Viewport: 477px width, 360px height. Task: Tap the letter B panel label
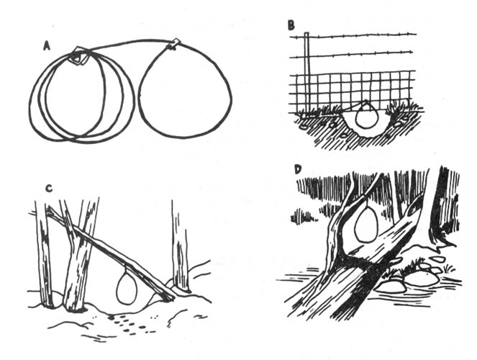coord(291,25)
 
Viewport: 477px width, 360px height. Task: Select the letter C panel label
coord(47,189)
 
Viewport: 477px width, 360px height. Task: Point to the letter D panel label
coord(297,170)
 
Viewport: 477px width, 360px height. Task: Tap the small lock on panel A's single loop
coord(172,45)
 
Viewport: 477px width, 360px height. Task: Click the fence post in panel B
coord(306,72)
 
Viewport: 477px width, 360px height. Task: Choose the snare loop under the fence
coord(368,117)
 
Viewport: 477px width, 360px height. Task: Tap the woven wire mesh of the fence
coord(360,86)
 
